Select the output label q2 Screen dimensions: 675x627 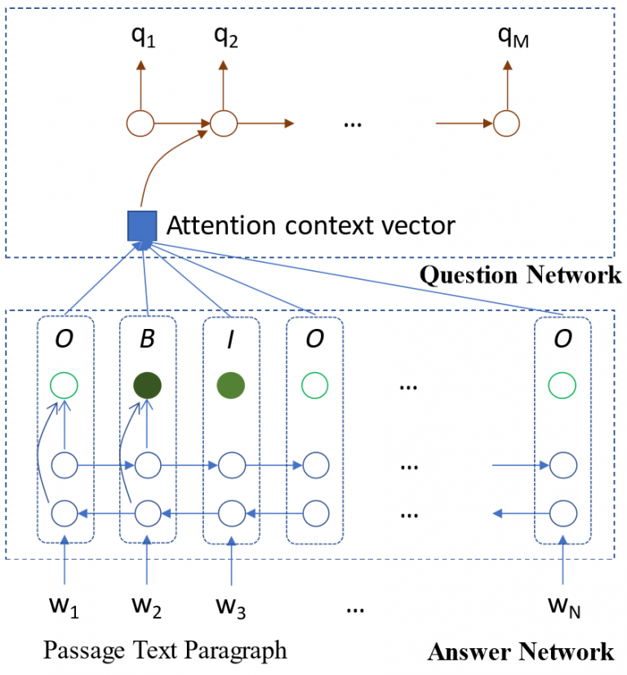point(225,38)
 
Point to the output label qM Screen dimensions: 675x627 point(513,38)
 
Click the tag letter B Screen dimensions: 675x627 point(147,339)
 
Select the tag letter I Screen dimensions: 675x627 point(232,339)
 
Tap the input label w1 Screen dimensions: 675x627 point(64,608)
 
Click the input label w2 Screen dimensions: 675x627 point(147,608)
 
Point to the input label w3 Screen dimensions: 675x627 point(232,608)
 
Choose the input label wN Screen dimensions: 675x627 point(562,608)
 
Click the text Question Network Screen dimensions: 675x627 point(520,275)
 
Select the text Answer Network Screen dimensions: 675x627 point(520,651)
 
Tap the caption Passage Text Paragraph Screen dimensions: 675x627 point(165,651)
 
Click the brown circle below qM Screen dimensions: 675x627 point(506,124)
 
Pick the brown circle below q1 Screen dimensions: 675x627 point(140,124)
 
